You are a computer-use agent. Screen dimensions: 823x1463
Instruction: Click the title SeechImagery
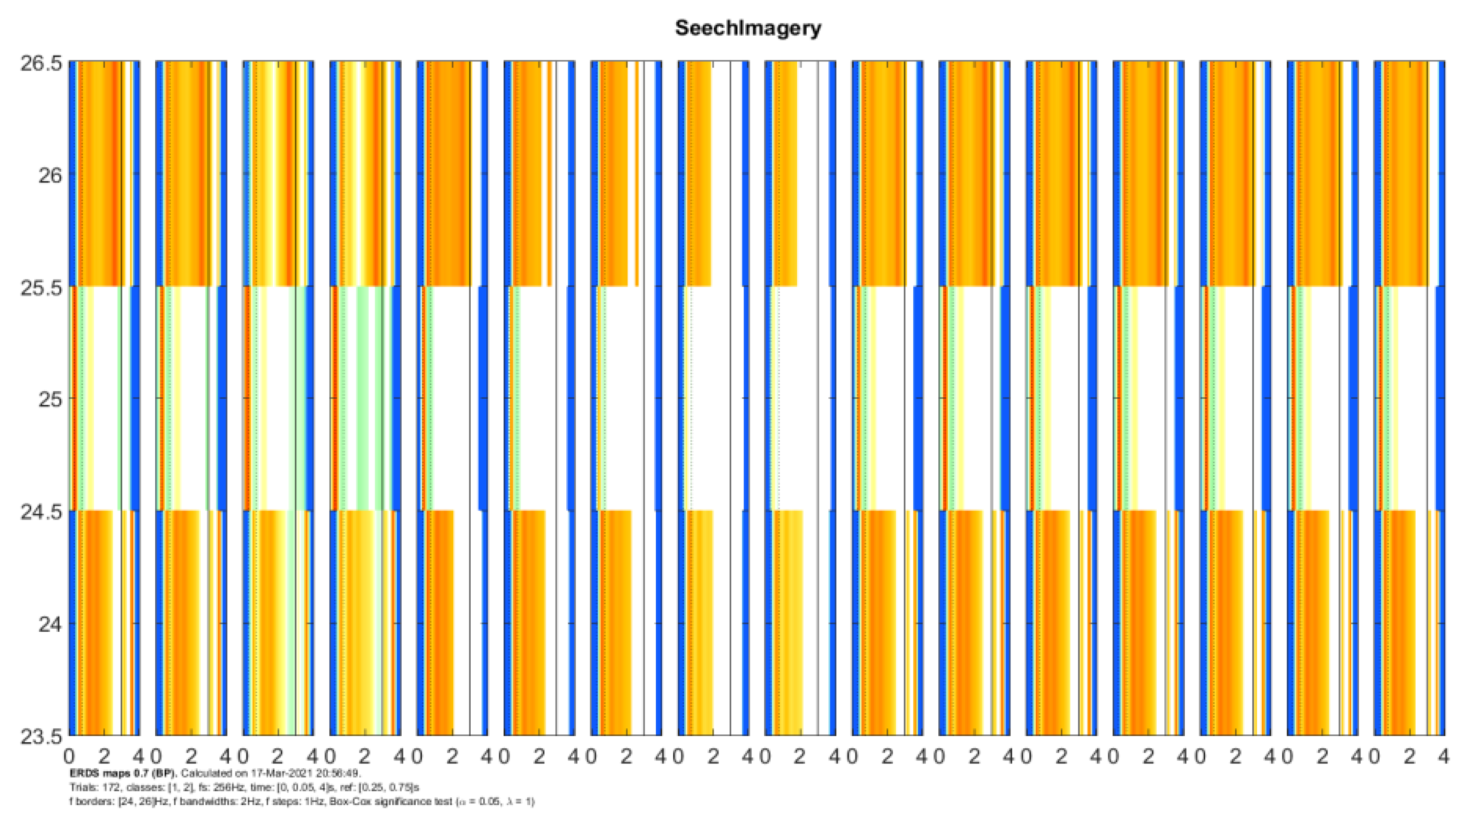click(748, 28)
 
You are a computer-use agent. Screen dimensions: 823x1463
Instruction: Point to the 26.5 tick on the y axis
click(41, 63)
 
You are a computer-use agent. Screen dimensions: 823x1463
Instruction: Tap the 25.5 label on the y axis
click(41, 288)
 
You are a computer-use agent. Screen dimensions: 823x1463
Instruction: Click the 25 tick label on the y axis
click(50, 400)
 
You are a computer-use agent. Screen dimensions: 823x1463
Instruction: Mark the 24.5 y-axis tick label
click(41, 512)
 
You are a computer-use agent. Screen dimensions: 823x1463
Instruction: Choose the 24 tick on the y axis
click(50, 625)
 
